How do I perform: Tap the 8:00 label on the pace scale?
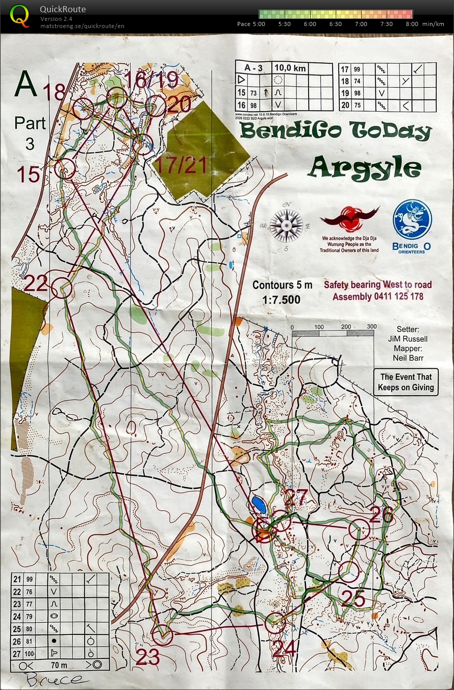pyautogui.click(x=412, y=24)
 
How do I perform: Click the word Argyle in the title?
pyautogui.click(x=365, y=166)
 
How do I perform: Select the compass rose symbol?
pyautogui.click(x=286, y=225)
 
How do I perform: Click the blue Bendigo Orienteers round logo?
pyautogui.click(x=412, y=220)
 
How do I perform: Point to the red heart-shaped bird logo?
pyautogui.click(x=350, y=219)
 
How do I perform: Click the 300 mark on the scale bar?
pyautogui.click(x=371, y=327)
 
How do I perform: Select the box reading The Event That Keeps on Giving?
pyautogui.click(x=406, y=382)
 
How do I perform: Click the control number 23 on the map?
pyautogui.click(x=148, y=657)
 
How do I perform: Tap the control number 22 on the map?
pyautogui.click(x=36, y=283)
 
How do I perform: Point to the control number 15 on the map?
pyautogui.click(x=28, y=174)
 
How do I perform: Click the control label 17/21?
pyautogui.click(x=180, y=164)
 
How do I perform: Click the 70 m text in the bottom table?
pyautogui.click(x=59, y=665)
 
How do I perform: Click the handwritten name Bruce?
pyautogui.click(x=53, y=679)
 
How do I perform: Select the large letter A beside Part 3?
pyautogui.click(x=27, y=85)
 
